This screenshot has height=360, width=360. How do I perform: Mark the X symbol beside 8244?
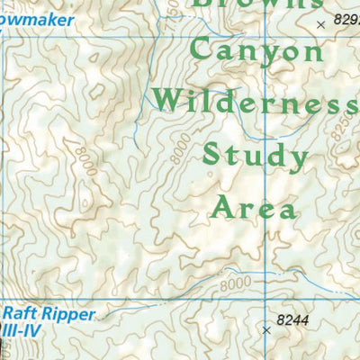266,330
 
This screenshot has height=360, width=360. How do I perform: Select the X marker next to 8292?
321,25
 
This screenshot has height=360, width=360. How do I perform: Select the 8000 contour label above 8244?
232,283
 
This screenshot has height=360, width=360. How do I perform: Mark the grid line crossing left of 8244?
265,300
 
